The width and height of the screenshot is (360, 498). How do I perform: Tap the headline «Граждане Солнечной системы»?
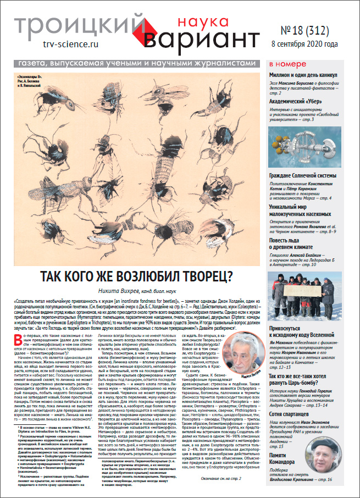pyautogui.click(x=309, y=175)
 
